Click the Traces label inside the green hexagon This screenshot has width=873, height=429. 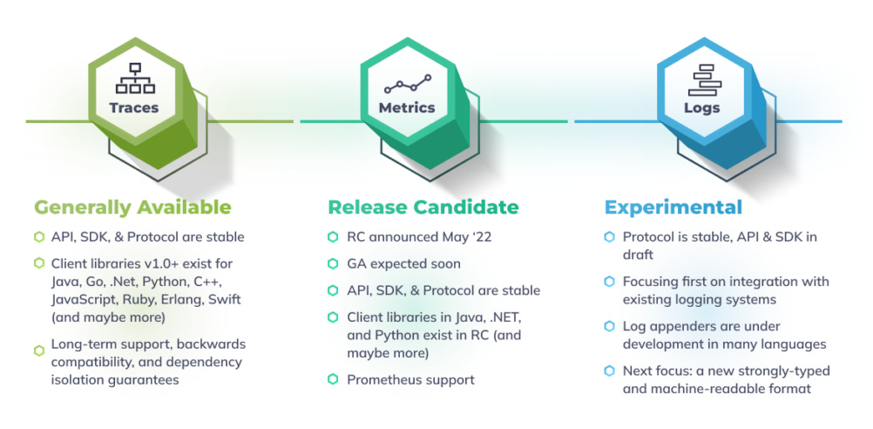134,108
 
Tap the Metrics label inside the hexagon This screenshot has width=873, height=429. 407,108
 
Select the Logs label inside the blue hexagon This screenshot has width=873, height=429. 702,108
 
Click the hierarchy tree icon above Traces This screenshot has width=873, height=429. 134,78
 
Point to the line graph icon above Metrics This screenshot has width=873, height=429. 407,84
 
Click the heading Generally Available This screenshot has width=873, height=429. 132,208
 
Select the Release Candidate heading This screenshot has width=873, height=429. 423,208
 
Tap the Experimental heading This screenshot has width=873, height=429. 673,208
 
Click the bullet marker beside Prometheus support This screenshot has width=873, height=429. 332,380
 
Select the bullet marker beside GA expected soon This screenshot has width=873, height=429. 332,263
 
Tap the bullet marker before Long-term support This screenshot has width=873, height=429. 39,351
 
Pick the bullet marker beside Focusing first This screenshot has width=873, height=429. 610,282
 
